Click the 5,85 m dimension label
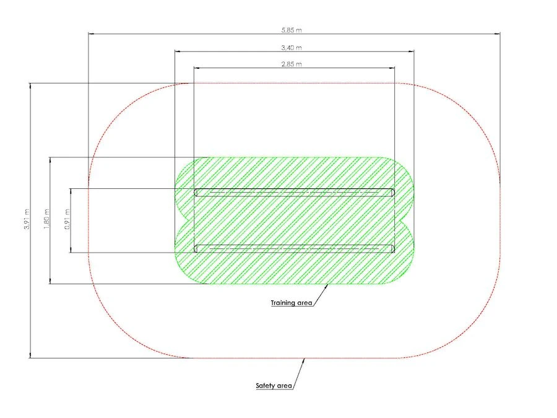(291, 30)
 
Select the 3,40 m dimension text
(291, 48)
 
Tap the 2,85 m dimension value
(291, 64)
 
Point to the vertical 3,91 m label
(27, 219)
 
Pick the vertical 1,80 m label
(47, 219)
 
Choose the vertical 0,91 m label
(67, 219)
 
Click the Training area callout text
(291, 303)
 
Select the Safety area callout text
(274, 386)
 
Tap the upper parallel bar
(295, 193)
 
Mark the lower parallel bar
(295, 248)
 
